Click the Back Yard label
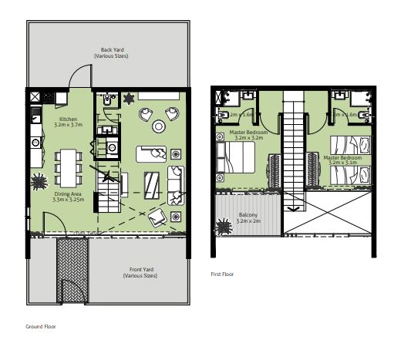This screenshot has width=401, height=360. coord(109,52)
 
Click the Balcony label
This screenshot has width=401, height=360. coord(249,217)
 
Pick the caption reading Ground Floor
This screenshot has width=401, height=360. coord(41,326)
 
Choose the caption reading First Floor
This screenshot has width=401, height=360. coord(223,274)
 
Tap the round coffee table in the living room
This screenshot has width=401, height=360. coord(159,126)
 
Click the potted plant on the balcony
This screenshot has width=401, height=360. coord(224,227)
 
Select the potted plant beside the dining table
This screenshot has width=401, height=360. coord(38,183)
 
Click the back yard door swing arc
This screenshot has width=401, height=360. coord(79,76)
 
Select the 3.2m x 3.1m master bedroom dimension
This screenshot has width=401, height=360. coord(342,163)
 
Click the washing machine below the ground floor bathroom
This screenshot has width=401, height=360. coord(110,146)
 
